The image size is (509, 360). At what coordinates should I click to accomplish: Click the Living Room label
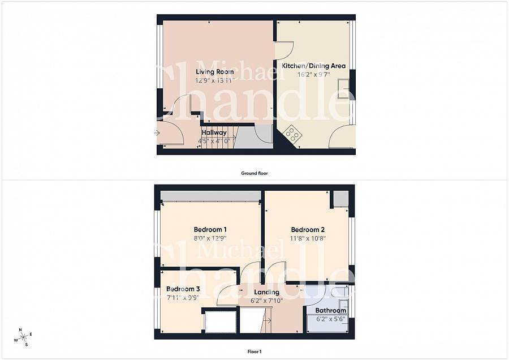(x=215, y=72)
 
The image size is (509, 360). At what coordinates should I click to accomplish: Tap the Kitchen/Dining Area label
(x=313, y=66)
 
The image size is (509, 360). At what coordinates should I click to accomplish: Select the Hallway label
(x=214, y=132)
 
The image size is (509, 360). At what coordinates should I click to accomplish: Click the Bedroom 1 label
(x=210, y=229)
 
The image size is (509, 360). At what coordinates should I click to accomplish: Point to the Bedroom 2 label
(x=308, y=230)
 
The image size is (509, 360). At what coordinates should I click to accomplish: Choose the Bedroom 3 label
(x=183, y=289)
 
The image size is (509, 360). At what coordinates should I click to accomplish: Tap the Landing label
(x=267, y=292)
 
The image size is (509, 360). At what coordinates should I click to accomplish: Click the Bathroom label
(x=331, y=310)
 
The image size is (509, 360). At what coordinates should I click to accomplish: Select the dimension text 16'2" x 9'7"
(x=313, y=74)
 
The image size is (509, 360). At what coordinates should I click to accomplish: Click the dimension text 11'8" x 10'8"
(x=308, y=238)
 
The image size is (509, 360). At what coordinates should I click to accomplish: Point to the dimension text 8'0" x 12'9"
(x=210, y=238)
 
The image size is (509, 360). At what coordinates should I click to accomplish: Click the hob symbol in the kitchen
(x=292, y=134)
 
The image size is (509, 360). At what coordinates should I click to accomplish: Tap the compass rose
(x=23, y=337)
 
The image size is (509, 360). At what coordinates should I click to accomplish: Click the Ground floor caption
(x=255, y=173)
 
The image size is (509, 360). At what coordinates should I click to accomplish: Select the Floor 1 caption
(x=255, y=352)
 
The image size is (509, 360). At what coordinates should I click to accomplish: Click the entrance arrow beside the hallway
(x=157, y=133)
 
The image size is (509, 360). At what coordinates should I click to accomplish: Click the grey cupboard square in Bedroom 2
(x=341, y=199)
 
